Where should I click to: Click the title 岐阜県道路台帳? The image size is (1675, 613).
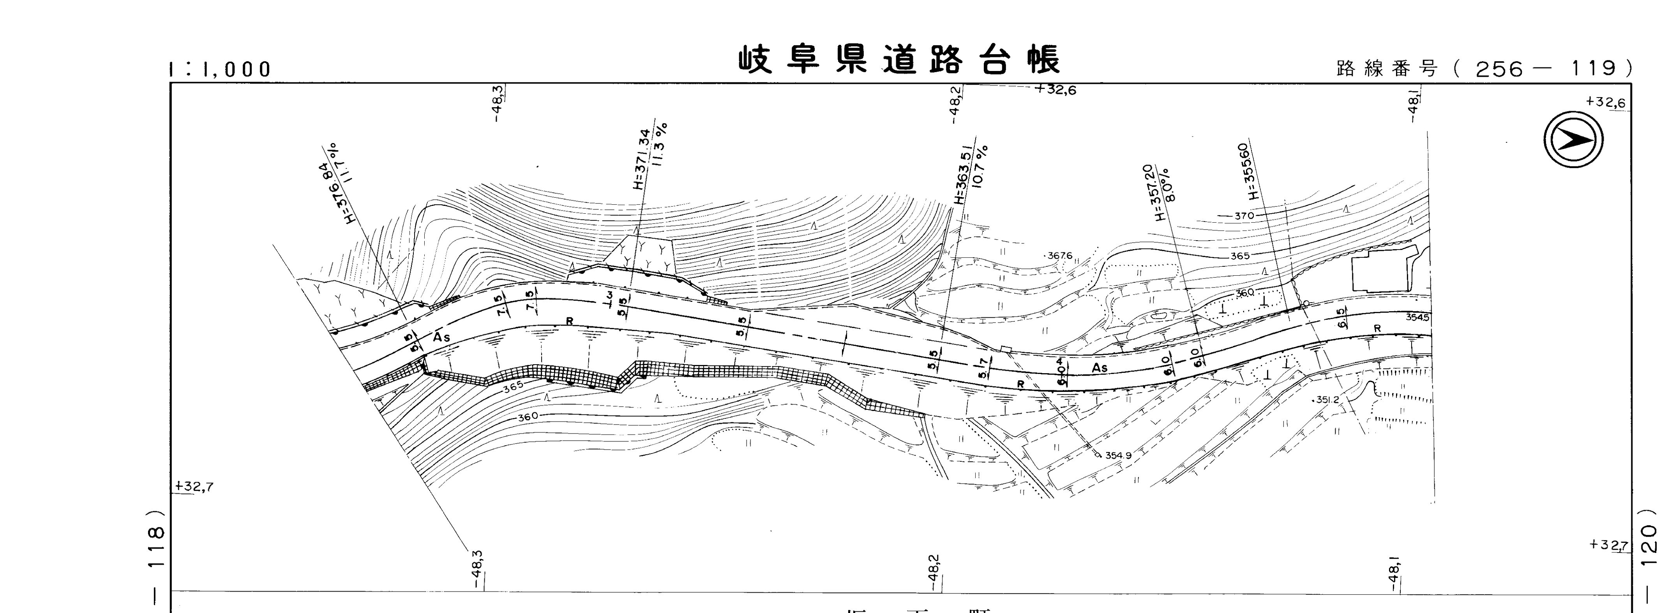click(899, 60)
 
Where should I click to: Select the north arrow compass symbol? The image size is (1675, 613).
click(1574, 139)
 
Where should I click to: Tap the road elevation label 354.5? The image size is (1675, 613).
click(1417, 317)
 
